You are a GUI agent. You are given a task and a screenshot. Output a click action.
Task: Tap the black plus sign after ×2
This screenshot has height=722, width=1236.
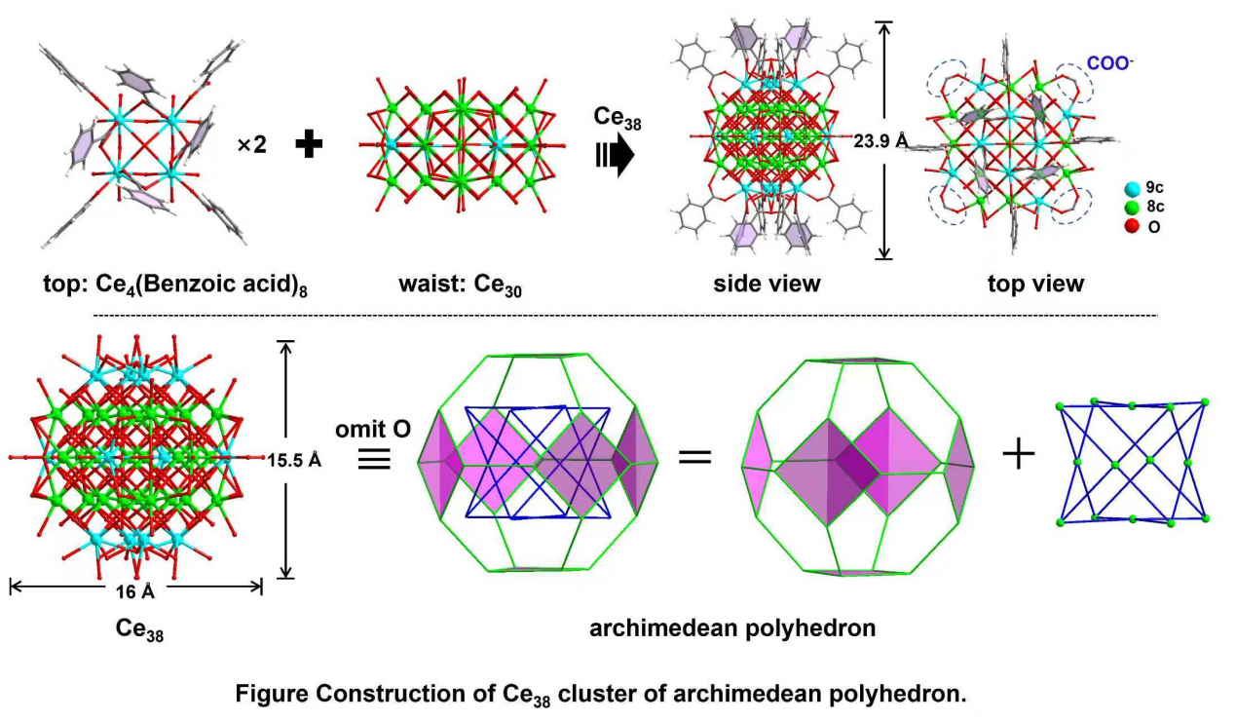tap(309, 144)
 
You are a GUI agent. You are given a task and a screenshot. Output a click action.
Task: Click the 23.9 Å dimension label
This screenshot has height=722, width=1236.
tap(880, 142)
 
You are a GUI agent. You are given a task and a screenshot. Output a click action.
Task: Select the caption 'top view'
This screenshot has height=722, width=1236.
tap(1033, 284)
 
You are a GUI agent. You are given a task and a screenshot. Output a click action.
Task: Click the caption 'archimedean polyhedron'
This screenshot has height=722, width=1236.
tap(732, 628)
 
